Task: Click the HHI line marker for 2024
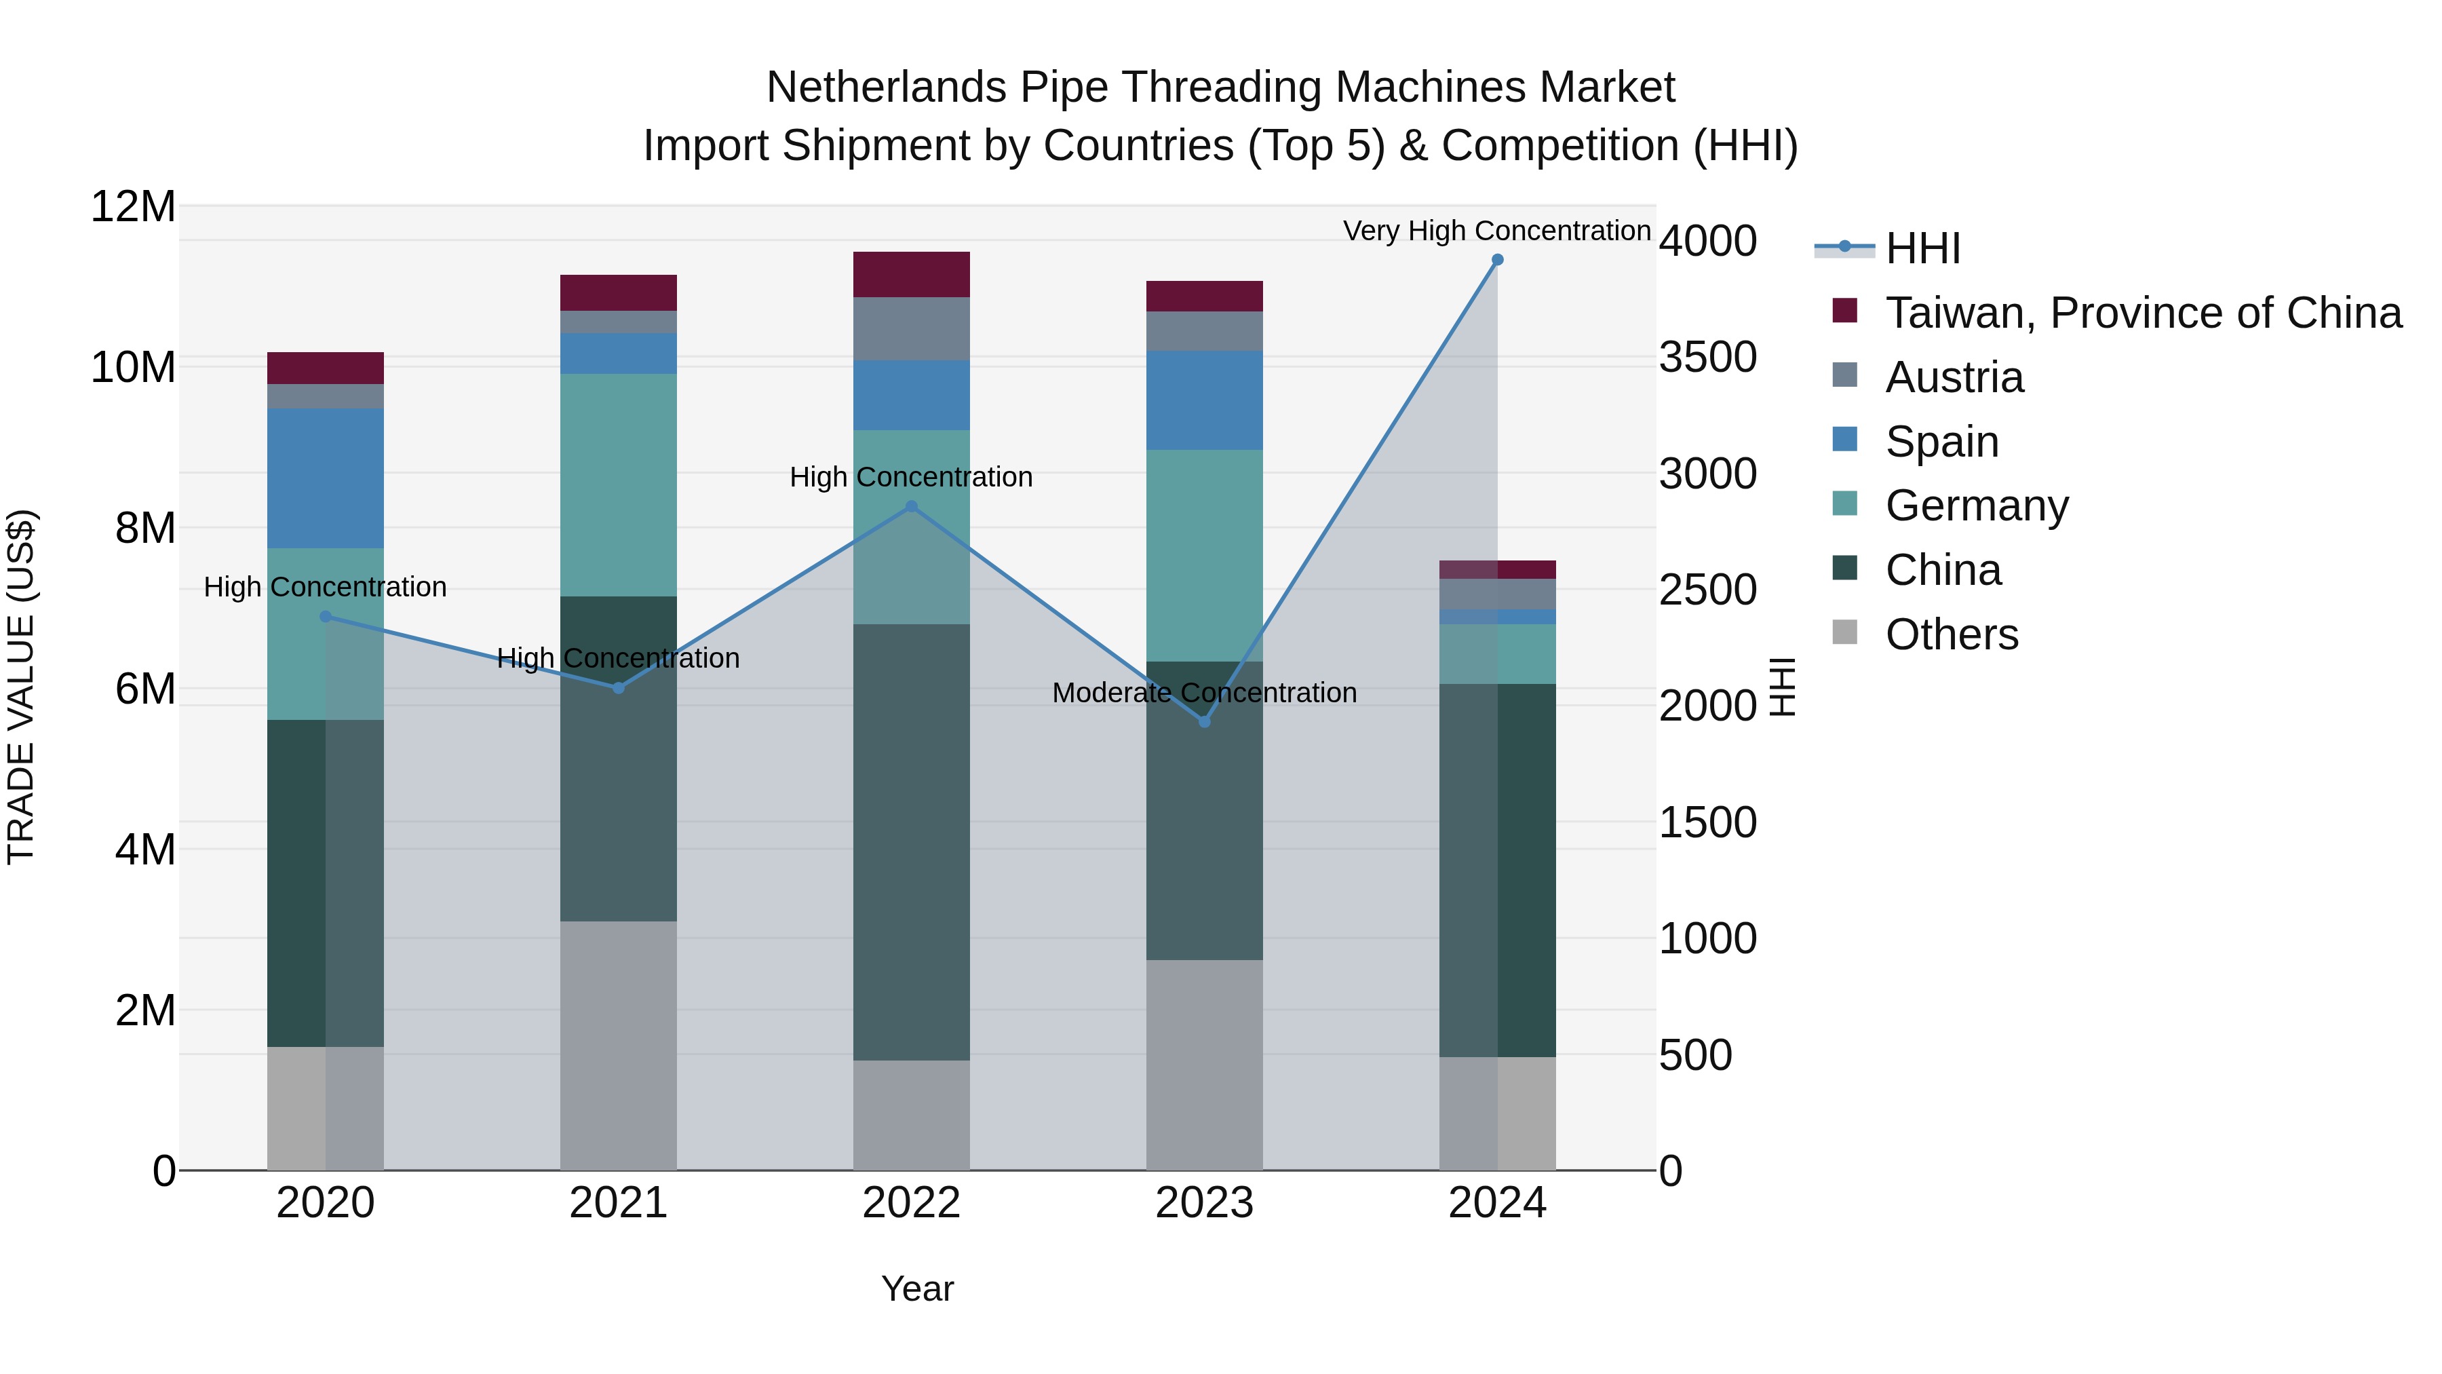1497,260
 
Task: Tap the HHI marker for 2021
618,687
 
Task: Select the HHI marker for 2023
1204,722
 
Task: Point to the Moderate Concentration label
1204,693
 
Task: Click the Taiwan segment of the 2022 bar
911,274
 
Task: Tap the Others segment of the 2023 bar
1204,1064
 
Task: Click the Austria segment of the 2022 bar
911,328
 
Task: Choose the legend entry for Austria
1953,377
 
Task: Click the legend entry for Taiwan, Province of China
2142,313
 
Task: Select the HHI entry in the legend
1922,248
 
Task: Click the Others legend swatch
1845,632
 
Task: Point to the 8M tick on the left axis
145,528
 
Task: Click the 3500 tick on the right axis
1707,358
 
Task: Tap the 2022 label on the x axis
911,1203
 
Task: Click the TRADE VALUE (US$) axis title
22,687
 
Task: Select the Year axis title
916,1289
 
